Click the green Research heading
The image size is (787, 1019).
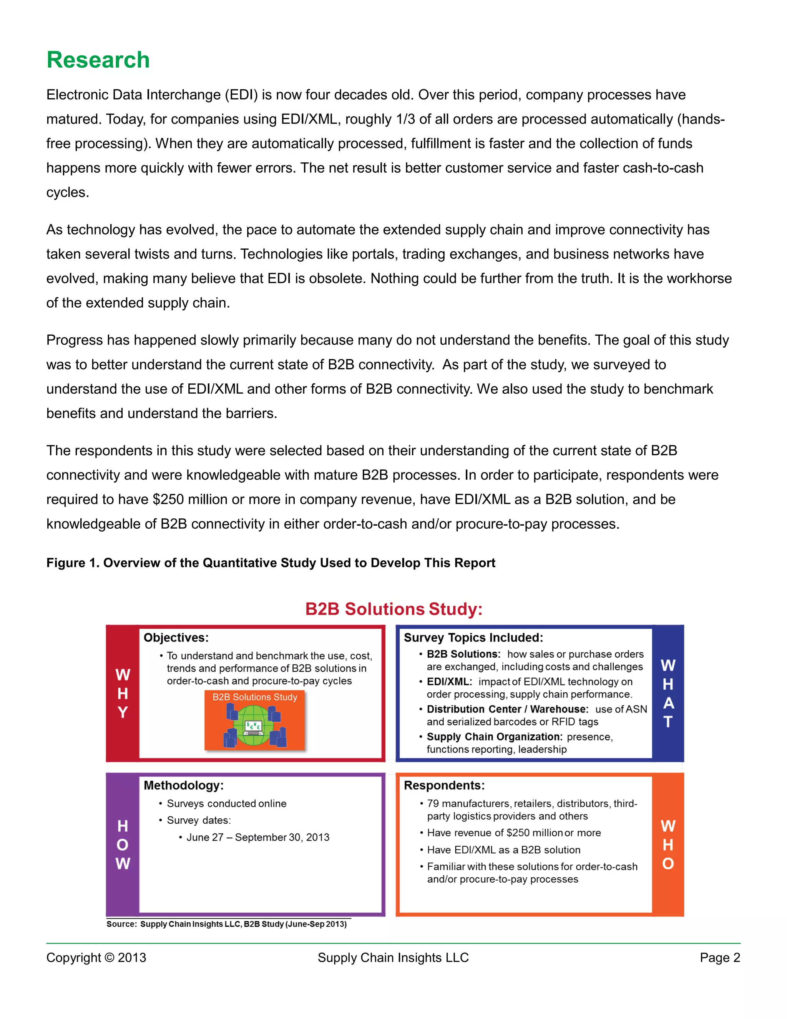click(x=98, y=60)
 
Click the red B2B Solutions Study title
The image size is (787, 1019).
click(x=393, y=609)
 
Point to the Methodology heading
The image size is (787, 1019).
click(x=183, y=785)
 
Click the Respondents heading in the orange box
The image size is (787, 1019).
click(x=444, y=785)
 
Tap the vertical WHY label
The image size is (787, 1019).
click(x=123, y=693)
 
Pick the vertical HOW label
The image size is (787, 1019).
click(x=123, y=844)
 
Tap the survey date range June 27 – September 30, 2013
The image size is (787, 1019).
click(x=258, y=838)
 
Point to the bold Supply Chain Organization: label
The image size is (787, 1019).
click(x=494, y=737)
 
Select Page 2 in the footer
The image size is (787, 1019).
click(x=719, y=957)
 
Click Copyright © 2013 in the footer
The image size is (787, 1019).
click(x=96, y=957)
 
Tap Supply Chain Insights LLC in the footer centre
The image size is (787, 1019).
click(x=393, y=957)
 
